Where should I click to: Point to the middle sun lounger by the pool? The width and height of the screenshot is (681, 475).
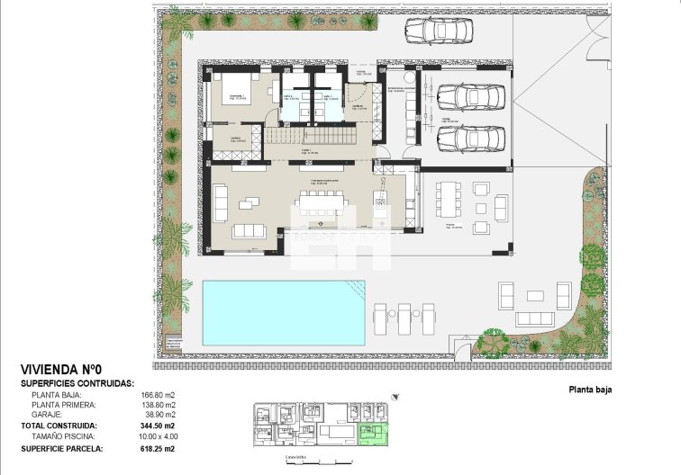point(404,318)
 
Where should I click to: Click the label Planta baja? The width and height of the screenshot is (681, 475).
point(590,390)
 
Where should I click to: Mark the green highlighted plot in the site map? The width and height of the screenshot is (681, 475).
point(368,435)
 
